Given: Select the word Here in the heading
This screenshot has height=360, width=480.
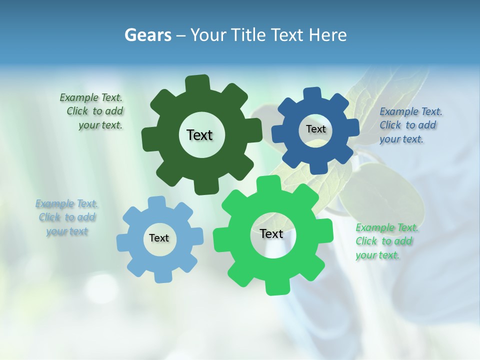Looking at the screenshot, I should (327, 35).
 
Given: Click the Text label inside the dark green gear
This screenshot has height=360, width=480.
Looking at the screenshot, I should (199, 135).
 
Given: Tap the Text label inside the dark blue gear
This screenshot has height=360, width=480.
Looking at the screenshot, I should (315, 129).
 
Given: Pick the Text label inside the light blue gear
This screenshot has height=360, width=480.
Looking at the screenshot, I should (159, 238).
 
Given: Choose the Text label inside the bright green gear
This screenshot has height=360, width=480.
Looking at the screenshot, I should (271, 233).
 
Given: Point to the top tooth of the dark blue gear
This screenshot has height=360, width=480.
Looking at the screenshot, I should (312, 94).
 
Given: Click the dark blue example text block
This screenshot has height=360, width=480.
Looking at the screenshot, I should (410, 125).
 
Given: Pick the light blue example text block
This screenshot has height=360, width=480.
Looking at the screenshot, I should (66, 217).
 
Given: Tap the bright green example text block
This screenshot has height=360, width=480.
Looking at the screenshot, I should (386, 241).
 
